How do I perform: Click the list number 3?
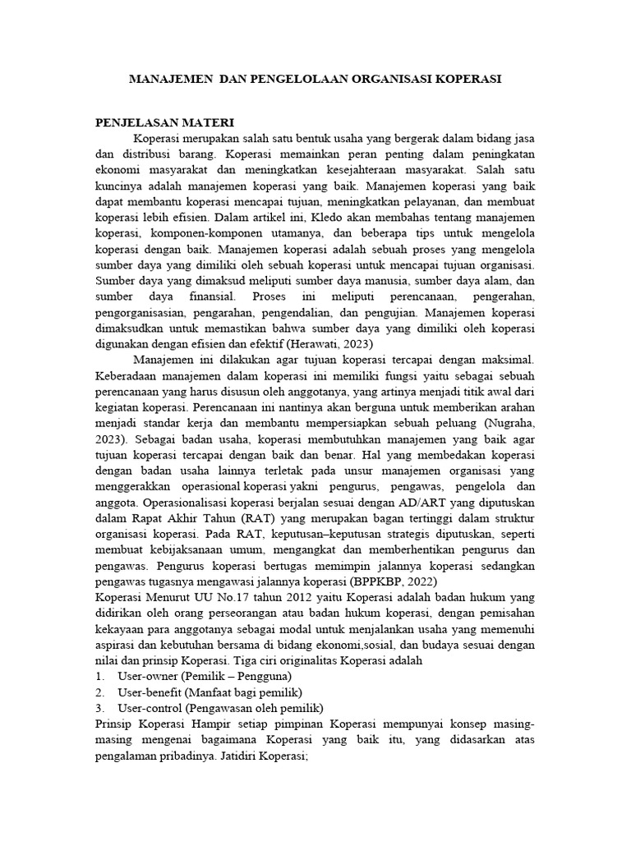tap(99, 708)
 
